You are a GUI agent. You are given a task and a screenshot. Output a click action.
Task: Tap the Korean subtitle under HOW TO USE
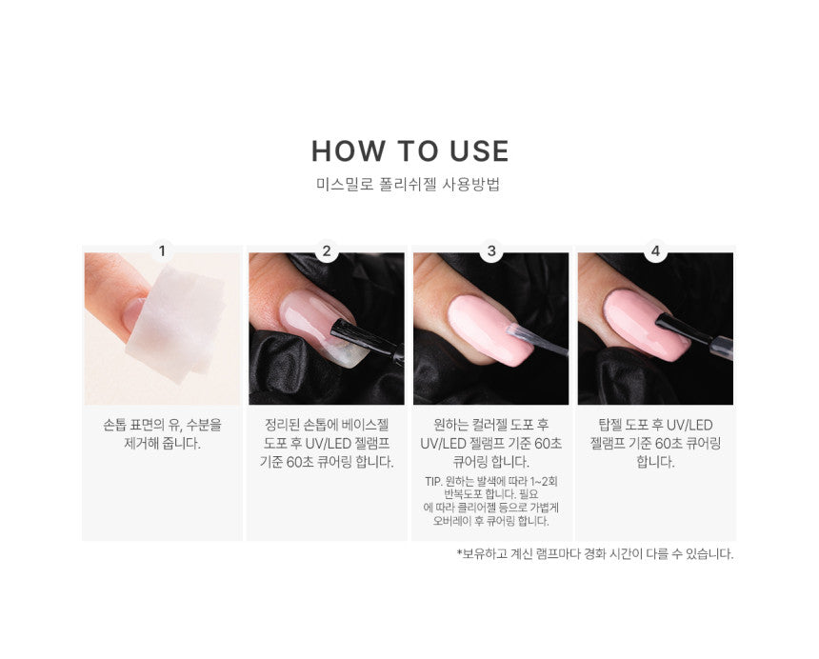pyautogui.click(x=408, y=185)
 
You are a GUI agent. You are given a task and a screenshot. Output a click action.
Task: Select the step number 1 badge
pyautogui.click(x=162, y=251)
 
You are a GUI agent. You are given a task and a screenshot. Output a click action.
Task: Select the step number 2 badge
pyautogui.click(x=327, y=251)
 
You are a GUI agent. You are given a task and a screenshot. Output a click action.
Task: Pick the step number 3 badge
pyautogui.click(x=491, y=251)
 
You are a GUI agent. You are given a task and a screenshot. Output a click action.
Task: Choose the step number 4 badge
pyautogui.click(x=655, y=251)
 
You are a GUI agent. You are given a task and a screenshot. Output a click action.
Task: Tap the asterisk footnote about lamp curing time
pyautogui.click(x=595, y=553)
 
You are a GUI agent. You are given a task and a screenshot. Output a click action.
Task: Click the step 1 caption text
pyautogui.click(x=163, y=434)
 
